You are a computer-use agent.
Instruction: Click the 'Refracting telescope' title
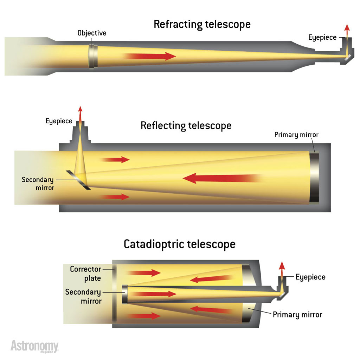point(202,24)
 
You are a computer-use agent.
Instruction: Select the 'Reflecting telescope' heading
point(186,126)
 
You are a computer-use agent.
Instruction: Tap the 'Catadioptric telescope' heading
point(179,244)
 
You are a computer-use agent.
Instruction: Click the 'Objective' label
point(92,33)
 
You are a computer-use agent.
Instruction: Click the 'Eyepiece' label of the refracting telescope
point(322,37)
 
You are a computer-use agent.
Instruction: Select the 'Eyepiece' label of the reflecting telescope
point(59,121)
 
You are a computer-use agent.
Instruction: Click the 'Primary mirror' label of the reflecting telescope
point(296,135)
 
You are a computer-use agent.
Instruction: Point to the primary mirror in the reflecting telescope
point(314,178)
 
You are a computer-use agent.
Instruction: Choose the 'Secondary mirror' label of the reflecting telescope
point(38,184)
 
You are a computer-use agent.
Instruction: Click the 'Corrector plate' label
point(85,274)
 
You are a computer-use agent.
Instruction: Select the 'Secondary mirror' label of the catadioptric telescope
point(83,296)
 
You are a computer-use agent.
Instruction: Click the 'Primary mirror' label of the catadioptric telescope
point(297,314)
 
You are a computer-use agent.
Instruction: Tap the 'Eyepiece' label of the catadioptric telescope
point(310,277)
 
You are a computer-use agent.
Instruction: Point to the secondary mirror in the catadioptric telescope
point(124,294)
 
